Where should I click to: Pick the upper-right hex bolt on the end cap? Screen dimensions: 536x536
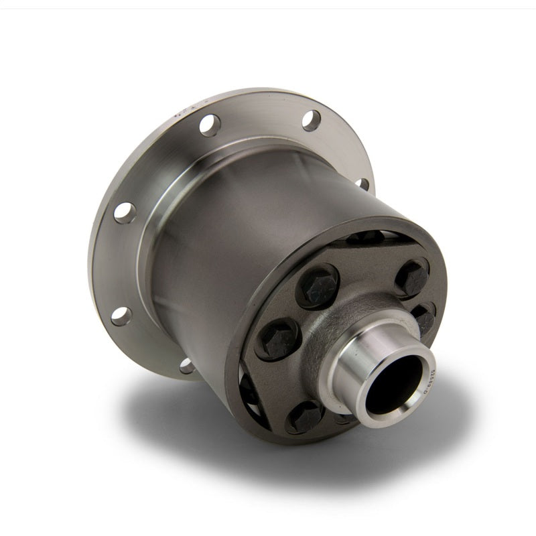coord(411,276)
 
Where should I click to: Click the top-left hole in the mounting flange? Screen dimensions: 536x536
coord(209,125)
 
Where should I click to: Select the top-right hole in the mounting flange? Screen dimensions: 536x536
coord(311,120)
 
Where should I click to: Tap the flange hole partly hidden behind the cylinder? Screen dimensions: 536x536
coord(362,183)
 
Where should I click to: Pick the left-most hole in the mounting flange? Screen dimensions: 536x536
coord(125,212)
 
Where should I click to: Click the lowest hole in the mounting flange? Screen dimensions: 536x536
coord(187,366)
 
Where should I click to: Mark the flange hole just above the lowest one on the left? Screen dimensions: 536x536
coord(121,316)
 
